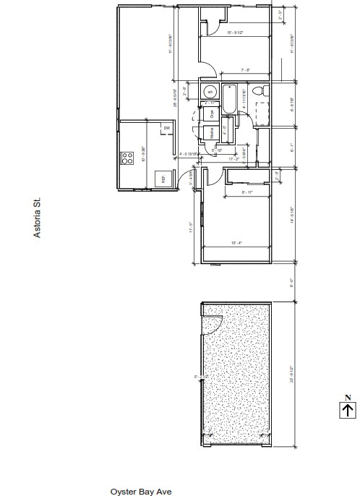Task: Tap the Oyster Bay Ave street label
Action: (141, 490)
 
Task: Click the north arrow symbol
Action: (348, 410)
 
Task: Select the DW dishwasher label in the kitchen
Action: (167, 129)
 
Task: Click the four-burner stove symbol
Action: (128, 157)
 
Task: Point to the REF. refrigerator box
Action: (163, 179)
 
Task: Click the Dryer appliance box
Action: (211, 114)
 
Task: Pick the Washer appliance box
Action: (211, 132)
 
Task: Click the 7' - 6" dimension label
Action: (245, 70)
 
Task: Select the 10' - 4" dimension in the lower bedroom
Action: (236, 243)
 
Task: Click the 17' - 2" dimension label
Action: (233, 158)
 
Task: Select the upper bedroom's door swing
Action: (207, 70)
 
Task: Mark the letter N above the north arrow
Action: (348, 397)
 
